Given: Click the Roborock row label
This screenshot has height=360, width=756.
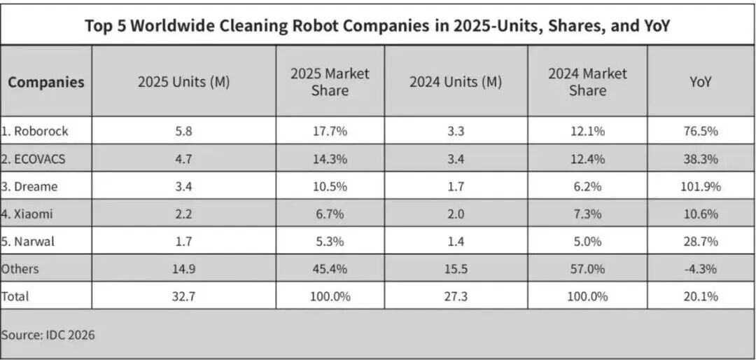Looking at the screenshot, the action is tap(34, 131).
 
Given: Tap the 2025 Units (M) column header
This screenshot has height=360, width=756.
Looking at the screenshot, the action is tap(183, 81).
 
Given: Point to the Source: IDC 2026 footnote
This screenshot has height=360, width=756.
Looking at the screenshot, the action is tap(48, 335).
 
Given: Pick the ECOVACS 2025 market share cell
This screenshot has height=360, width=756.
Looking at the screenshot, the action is tap(330, 159).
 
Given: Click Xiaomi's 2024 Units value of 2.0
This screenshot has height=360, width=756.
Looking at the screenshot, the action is tap(456, 214).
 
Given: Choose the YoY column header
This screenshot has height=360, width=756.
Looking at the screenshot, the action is tap(701, 82).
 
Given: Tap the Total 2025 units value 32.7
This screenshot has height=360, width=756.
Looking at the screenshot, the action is tap(183, 296).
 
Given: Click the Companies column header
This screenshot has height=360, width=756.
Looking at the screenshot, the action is tap(45, 82).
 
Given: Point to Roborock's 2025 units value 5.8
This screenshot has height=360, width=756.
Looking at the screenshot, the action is tap(183, 131).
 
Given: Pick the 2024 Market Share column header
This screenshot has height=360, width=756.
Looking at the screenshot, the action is tap(587, 82).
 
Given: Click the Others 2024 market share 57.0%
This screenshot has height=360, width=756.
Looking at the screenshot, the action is tap(587, 269).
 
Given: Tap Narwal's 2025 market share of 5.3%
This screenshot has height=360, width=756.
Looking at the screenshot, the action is tap(330, 241).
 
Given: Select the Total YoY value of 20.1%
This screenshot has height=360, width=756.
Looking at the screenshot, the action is tap(701, 296).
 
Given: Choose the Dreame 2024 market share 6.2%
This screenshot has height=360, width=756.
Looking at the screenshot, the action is tap(587, 186).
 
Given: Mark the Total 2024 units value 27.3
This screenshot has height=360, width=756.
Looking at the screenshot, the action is tap(456, 296).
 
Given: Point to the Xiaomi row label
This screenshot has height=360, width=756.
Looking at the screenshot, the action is tap(27, 214).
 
